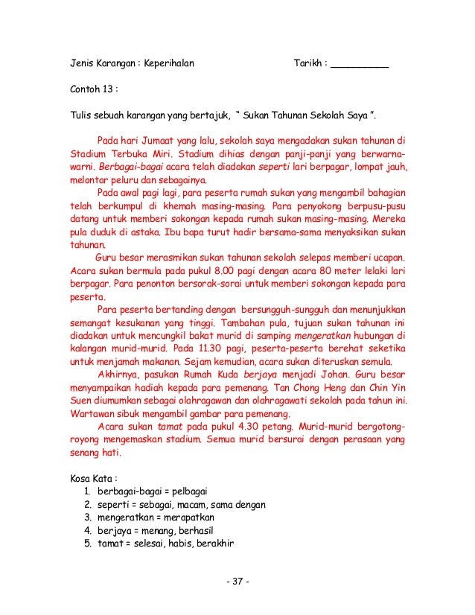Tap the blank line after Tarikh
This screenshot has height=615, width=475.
(360, 63)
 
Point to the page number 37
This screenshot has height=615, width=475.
(238, 581)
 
